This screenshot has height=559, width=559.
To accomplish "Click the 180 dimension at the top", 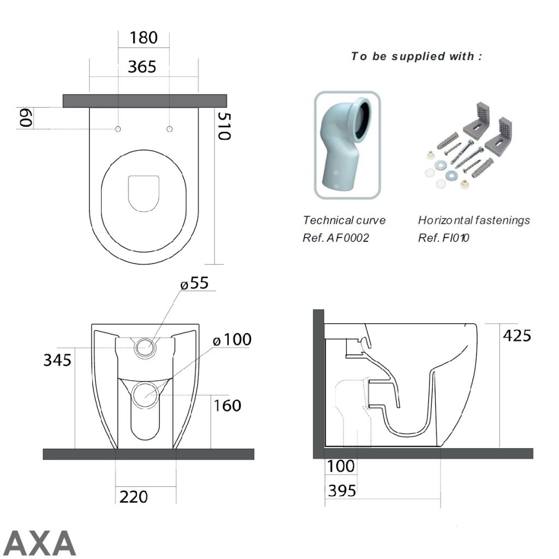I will [143, 38].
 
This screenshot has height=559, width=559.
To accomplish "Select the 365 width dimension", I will [142, 67].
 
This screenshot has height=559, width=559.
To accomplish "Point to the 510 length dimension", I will [223, 126].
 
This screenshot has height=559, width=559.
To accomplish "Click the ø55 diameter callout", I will [195, 283].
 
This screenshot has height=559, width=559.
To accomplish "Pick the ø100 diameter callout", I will [232, 340].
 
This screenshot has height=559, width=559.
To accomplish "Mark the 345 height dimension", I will [57, 360].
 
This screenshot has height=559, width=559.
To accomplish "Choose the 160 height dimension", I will [227, 406].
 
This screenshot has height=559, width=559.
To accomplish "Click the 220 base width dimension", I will [134, 497].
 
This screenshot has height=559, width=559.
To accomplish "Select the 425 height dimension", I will [517, 335].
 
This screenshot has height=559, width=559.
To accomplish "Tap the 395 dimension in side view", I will [342, 491].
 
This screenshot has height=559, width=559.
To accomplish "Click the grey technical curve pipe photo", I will [347, 145].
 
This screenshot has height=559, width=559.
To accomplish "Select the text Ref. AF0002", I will [336, 238].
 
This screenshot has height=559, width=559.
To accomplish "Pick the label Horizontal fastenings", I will [474, 221].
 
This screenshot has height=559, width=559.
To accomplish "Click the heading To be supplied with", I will [417, 56].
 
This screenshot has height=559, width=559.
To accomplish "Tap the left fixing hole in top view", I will [118, 129].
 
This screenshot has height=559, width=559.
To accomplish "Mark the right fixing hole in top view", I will [169, 129].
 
